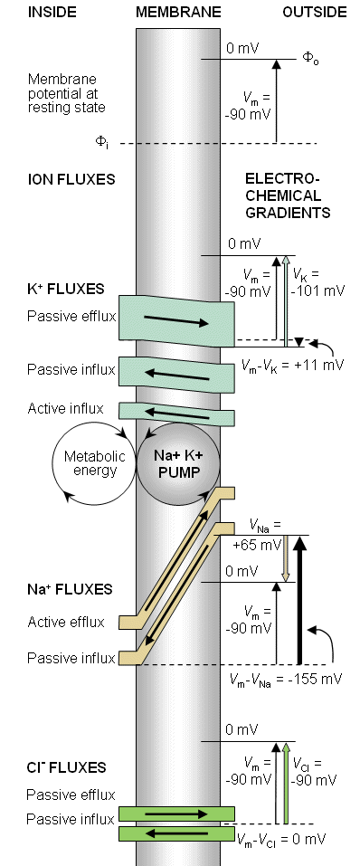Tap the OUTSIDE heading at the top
coord(315,12)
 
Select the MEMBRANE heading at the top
coord(178,12)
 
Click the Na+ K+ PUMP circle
coord(178,464)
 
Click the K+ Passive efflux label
coord(71,317)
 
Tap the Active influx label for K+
coord(65,409)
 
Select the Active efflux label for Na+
coord(66,622)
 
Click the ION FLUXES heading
coord(71,179)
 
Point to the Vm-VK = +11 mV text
coord(293,365)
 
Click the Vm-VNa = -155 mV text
coord(286,679)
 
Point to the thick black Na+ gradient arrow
coord(299,600)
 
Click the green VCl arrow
coord(286,783)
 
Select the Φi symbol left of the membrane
coord(101,143)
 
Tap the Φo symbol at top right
coord(311,58)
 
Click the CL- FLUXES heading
coord(66,767)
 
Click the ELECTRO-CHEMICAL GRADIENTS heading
coord(287,195)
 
